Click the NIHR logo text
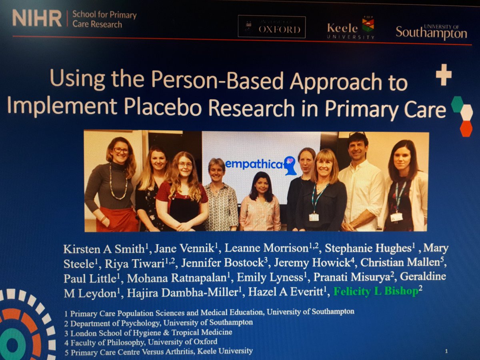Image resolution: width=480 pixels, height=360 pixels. tap(37, 19)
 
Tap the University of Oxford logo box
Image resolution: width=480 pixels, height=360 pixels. tap(271, 27)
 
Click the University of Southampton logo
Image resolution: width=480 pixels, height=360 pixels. tap(431, 32)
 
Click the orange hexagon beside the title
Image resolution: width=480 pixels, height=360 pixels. tap(466, 128)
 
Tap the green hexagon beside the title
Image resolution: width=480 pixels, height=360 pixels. tap(457, 104)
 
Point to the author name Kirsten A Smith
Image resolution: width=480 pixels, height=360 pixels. tap(103, 248)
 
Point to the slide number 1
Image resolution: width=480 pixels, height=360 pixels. tap(446, 351)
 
